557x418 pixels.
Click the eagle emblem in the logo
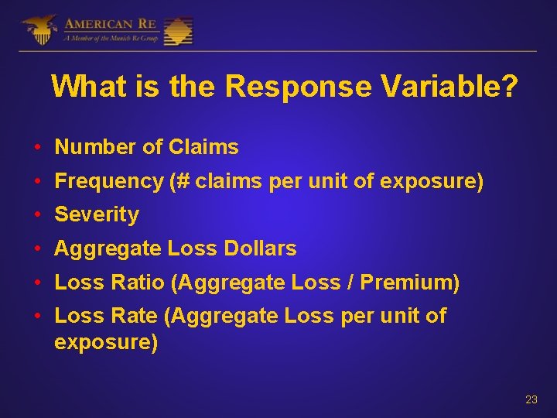39,29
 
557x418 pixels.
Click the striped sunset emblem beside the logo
178,30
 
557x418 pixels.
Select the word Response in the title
298,87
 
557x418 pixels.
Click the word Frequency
109,180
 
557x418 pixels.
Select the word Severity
97,214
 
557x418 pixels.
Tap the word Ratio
135,283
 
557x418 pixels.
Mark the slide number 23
531,399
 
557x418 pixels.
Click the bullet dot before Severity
37,215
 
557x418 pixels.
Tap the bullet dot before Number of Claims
37,147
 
